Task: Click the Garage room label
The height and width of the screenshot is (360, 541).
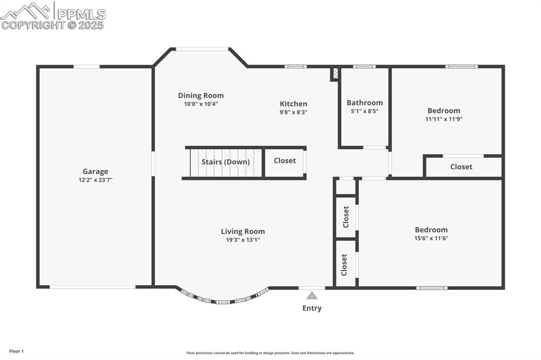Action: pyautogui.click(x=95, y=171)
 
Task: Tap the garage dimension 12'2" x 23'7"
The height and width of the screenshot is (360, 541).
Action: pyautogui.click(x=95, y=180)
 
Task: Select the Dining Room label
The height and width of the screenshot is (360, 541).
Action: pyautogui.click(x=201, y=96)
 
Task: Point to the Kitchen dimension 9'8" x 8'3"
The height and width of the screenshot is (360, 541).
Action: pyautogui.click(x=293, y=112)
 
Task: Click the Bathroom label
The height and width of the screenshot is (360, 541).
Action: pyautogui.click(x=365, y=102)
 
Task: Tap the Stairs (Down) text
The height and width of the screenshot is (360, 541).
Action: pyautogui.click(x=226, y=162)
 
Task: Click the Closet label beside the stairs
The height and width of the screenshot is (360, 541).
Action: pyautogui.click(x=285, y=160)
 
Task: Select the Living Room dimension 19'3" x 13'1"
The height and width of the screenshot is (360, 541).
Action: pyautogui.click(x=243, y=240)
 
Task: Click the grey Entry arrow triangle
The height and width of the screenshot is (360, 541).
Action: pyautogui.click(x=312, y=296)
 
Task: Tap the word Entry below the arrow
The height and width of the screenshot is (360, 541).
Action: pyautogui.click(x=312, y=308)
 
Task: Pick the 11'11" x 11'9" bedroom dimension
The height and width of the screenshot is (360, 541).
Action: pyautogui.click(x=444, y=119)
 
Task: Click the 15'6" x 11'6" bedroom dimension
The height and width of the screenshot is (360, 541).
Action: pyautogui.click(x=431, y=238)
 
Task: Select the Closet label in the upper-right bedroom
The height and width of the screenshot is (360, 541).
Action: pyautogui.click(x=461, y=167)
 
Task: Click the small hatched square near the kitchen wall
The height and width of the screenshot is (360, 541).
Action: pyautogui.click(x=334, y=73)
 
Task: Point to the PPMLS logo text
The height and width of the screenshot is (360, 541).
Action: pyautogui.click(x=81, y=14)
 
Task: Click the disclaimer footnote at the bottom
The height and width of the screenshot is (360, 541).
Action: pyautogui.click(x=270, y=353)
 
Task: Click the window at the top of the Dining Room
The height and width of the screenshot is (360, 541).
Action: pyautogui.click(x=202, y=49)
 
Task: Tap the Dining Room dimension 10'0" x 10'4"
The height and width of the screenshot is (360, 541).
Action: pyautogui.click(x=201, y=104)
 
